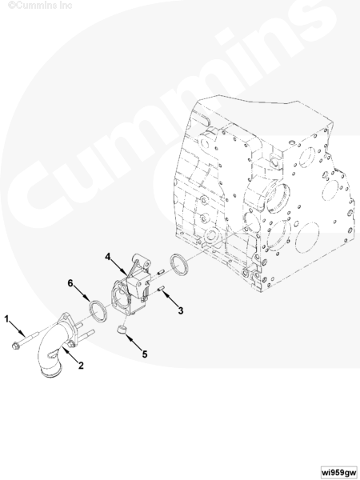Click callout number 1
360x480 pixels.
[6, 319]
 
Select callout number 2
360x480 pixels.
[81, 366]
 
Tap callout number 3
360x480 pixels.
[181, 310]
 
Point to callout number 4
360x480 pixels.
[107, 257]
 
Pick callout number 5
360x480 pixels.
[145, 354]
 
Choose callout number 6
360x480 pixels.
[70, 283]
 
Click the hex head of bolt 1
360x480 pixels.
[15, 346]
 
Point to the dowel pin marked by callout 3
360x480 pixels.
[162, 288]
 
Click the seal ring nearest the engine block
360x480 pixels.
[179, 264]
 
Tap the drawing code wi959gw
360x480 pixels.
[339, 471]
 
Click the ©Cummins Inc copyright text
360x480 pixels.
[40, 6]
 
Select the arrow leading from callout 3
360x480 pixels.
[170, 298]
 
